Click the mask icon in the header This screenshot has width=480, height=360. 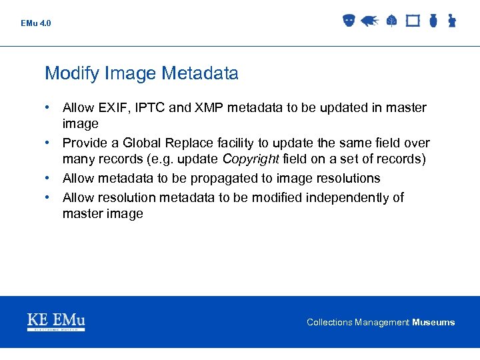(x=348, y=21)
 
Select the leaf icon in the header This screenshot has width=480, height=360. (x=391, y=21)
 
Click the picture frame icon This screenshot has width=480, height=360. (x=413, y=21)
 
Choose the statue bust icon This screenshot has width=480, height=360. (x=451, y=21)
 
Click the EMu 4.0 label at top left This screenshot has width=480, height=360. (x=35, y=23)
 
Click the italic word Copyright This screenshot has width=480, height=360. (x=251, y=159)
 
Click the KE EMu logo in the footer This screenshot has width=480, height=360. (x=56, y=321)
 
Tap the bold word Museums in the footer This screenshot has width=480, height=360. (x=433, y=323)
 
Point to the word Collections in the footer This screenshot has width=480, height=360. (x=329, y=323)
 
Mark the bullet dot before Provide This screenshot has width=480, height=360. (x=49, y=143)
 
